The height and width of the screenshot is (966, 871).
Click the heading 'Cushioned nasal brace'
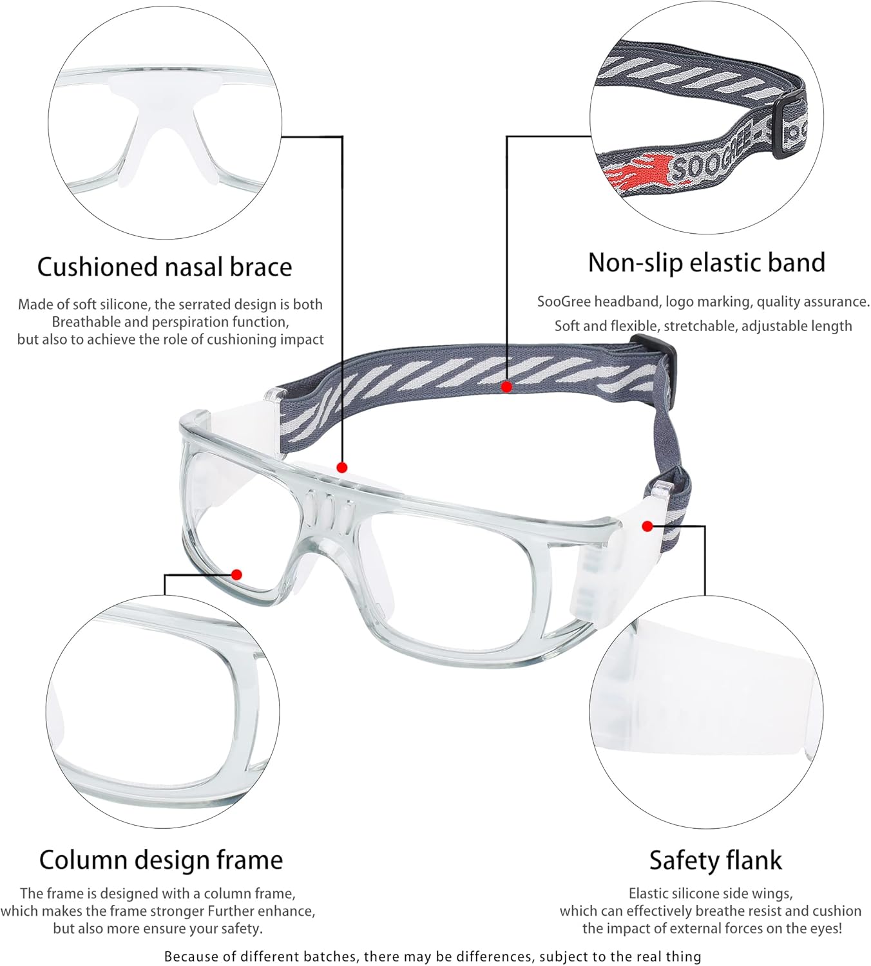coord(164,267)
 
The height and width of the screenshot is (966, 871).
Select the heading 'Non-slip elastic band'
coord(706,263)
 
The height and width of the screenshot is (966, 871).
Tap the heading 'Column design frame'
coord(160,860)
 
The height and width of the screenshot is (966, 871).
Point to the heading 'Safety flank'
coord(715,860)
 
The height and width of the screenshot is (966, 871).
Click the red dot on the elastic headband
coord(507,387)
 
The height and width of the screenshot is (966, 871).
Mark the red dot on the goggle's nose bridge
coord(342,468)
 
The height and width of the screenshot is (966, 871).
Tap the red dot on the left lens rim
coord(236,574)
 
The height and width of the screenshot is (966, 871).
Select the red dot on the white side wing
coord(647,526)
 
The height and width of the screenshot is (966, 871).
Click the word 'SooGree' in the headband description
coord(564,301)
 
